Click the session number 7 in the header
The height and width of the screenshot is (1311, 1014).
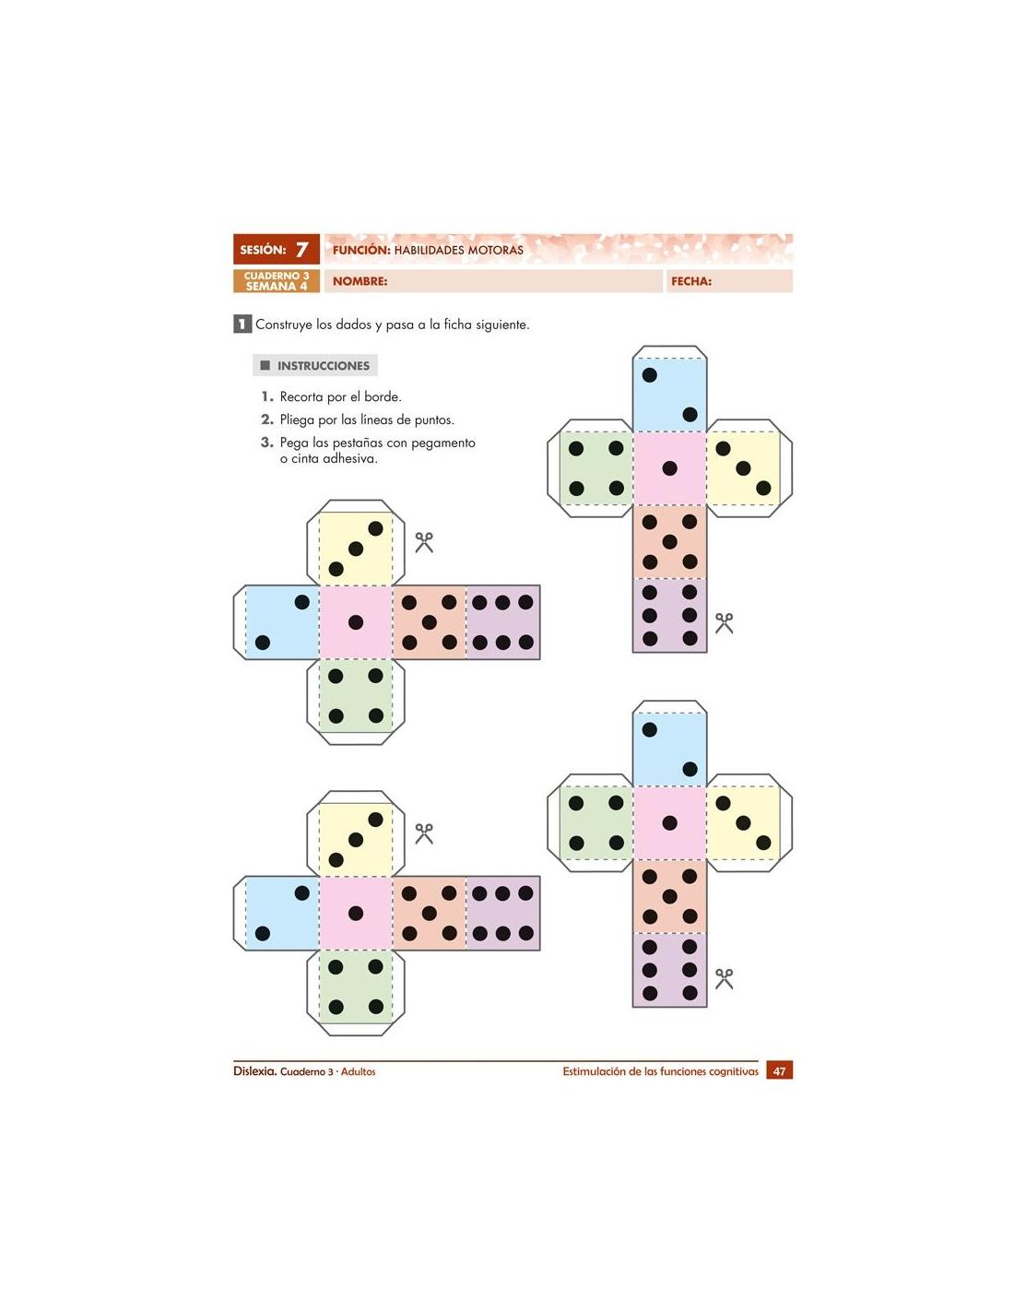tap(301, 249)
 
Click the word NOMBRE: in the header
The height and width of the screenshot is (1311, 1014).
tap(360, 281)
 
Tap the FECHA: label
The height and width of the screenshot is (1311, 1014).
tap(690, 281)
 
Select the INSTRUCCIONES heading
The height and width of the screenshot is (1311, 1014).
tap(323, 366)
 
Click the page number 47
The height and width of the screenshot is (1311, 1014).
tap(779, 1071)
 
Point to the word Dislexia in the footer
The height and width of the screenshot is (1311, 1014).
tap(254, 1071)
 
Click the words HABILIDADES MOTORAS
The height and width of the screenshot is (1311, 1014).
tap(458, 250)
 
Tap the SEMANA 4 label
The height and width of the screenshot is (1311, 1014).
tap(277, 286)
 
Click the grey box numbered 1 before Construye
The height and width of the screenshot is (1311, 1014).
tap(242, 324)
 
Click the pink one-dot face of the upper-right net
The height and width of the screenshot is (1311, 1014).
tap(669, 468)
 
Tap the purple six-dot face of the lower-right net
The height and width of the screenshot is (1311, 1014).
tap(669, 970)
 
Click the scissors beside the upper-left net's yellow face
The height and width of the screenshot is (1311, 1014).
tap(423, 542)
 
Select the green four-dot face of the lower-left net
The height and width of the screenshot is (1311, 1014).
tap(355, 986)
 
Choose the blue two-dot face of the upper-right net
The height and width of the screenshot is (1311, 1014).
tap(669, 395)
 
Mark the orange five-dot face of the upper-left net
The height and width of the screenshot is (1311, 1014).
tap(429, 622)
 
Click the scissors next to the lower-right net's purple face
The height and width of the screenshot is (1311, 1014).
tap(724, 978)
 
